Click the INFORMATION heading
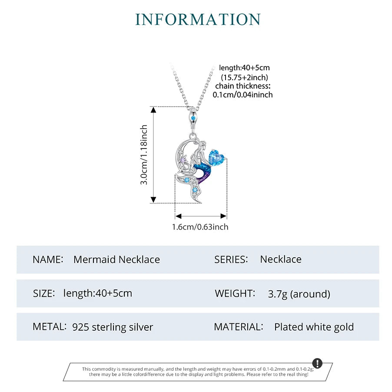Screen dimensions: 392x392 point(198,20)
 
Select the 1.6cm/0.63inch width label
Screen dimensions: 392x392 point(200,227)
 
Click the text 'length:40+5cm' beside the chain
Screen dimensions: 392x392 point(244,68)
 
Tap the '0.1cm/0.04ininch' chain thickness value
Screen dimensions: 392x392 point(243,95)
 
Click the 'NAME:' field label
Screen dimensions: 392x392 point(48,259)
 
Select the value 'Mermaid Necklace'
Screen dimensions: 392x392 point(116,260)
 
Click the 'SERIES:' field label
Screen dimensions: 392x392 point(231,259)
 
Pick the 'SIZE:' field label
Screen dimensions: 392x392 point(44,293)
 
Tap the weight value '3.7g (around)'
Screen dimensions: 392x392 point(299,294)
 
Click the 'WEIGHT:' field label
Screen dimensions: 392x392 point(234,293)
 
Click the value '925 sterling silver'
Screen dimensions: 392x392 point(113,327)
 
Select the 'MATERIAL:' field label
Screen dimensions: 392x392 point(238,327)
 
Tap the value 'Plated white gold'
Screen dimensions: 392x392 point(314,327)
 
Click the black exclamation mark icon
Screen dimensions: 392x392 point(318,363)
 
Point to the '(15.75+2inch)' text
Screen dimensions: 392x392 point(244,77)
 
